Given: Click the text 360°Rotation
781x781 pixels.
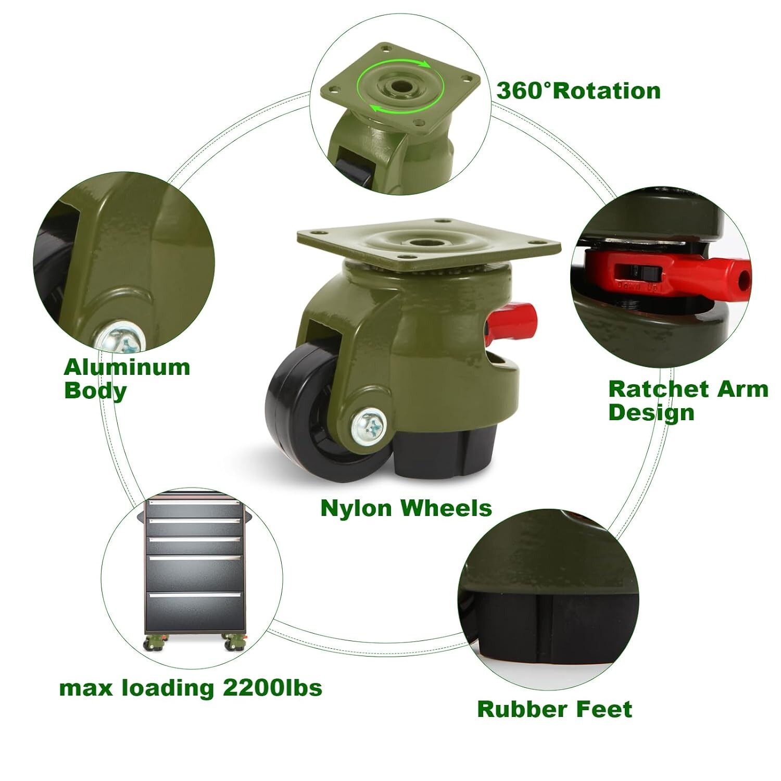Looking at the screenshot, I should pos(578,91).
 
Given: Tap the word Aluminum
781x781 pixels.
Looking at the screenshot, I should pos(127,368).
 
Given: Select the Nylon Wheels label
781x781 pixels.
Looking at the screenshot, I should pos(406,508).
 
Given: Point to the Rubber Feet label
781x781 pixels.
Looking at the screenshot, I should pos(555,709).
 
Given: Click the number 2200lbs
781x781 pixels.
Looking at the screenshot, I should pos(272,688).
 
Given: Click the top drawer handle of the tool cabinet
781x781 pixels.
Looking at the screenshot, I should pos(195,503).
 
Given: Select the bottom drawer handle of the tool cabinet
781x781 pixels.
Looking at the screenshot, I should pos(195,594).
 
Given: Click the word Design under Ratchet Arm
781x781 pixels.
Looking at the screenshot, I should pos(651,412).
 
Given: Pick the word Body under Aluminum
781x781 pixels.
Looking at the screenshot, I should pos(95,391).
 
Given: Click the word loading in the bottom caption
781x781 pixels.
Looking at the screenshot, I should pos(168,688).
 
